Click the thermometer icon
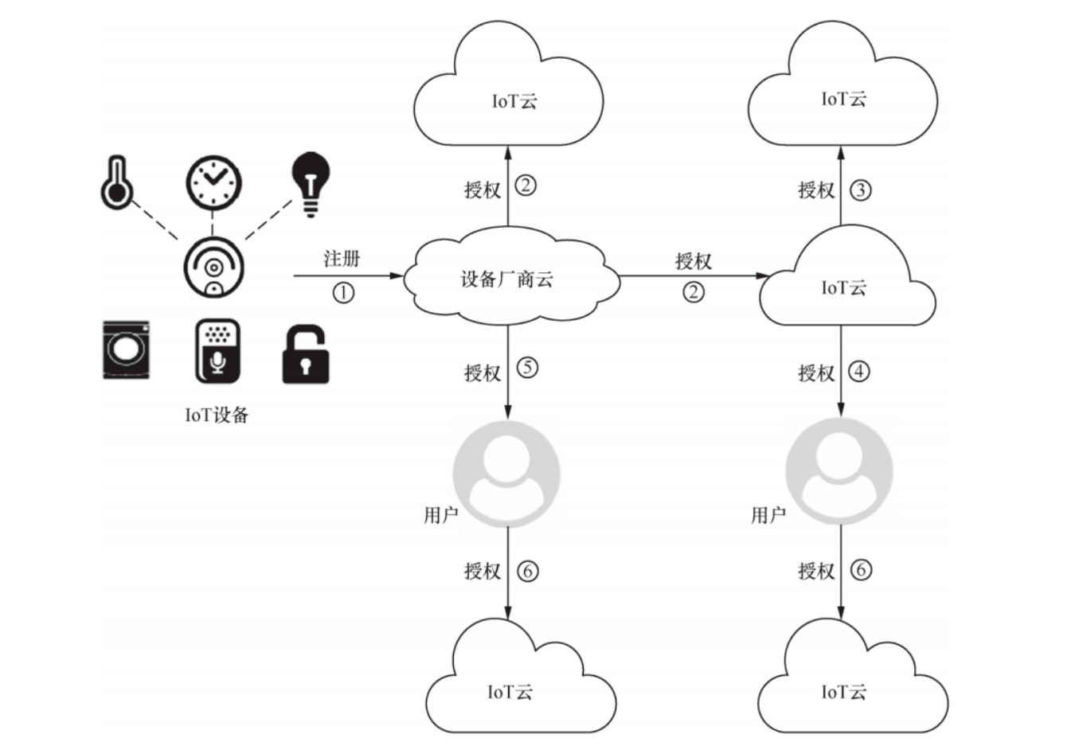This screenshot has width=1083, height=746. click(116, 183)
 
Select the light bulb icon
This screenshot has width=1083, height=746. click(311, 183)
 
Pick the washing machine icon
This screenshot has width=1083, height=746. click(126, 350)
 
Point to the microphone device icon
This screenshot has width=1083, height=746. click(217, 351)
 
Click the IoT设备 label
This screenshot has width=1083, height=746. click(217, 415)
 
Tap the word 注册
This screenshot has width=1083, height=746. click(342, 259)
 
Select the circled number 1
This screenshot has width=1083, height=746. click(343, 293)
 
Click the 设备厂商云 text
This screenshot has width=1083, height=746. click(506, 279)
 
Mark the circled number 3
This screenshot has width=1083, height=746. click(860, 190)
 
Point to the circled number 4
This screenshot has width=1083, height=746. click(858, 371)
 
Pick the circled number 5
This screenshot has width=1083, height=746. click(527, 368)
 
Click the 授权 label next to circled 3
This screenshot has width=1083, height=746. click(816, 190)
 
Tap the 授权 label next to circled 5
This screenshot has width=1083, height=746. click(483, 372)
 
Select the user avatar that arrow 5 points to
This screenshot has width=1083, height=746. click(506, 474)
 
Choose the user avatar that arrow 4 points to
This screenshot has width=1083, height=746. click(839, 471)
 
